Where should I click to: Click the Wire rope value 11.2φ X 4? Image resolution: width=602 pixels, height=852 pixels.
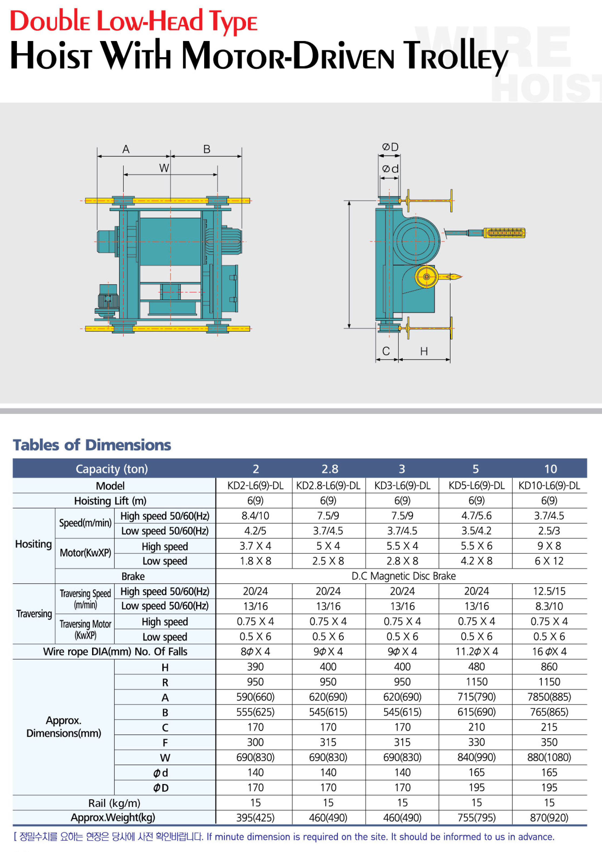(476, 651)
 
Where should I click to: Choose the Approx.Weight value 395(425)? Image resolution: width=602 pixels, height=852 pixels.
(255, 817)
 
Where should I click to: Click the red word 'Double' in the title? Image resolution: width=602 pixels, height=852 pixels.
(49, 21)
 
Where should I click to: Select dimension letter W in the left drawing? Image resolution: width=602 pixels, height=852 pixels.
(164, 168)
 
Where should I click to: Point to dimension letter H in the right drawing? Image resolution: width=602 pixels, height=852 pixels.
(424, 351)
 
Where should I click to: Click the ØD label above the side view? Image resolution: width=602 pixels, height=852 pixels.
(390, 147)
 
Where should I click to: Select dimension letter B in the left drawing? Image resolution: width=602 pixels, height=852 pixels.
(207, 149)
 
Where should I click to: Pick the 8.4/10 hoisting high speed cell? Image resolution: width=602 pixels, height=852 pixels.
(255, 515)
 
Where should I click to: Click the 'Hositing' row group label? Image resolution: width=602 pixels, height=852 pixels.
(33, 544)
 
